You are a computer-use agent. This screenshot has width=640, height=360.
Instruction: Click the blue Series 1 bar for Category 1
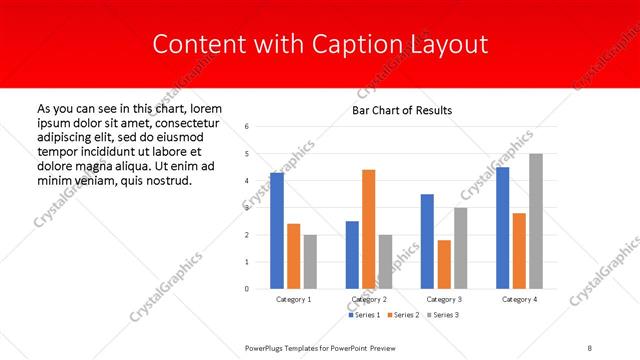coord(277,230)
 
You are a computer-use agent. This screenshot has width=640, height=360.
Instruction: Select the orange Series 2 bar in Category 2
coord(369,229)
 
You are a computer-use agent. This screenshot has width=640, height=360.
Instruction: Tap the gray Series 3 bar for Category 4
coord(536,221)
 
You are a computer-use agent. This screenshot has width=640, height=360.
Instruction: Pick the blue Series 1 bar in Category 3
coord(427,241)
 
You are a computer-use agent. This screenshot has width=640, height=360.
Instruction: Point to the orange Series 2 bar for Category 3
coord(444,264)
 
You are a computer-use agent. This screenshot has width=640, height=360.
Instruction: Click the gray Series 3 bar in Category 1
coord(310,261)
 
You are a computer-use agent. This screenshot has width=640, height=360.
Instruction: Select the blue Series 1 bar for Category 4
coord(502,227)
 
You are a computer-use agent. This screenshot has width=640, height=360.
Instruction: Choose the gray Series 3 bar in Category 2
coord(386,261)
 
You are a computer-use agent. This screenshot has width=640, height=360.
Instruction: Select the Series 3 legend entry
coord(443,315)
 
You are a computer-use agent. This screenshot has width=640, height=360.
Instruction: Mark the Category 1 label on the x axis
coord(293,299)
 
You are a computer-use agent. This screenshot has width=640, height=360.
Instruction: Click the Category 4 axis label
coord(519,299)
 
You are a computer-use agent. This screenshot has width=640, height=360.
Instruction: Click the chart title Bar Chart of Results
coord(402,110)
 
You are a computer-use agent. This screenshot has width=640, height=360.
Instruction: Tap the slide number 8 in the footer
coord(589,347)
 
